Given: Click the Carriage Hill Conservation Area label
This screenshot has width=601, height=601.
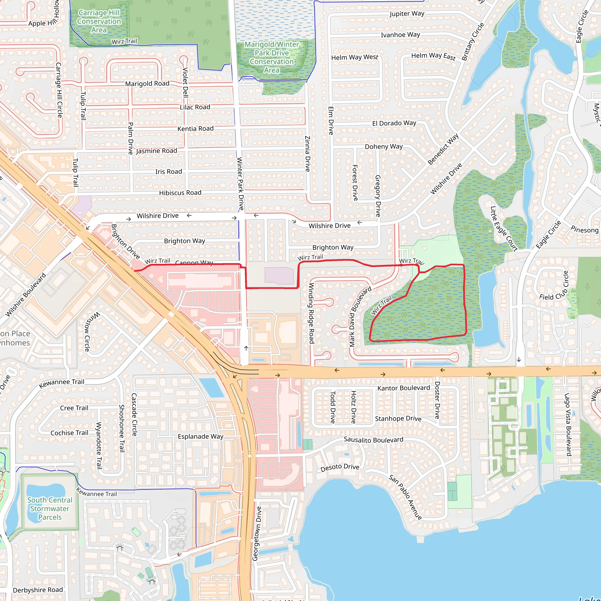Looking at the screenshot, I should tap(99, 21).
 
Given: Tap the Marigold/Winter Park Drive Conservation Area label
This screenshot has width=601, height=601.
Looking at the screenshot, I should tap(271, 57).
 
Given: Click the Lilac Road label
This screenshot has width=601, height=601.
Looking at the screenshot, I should tap(195, 107).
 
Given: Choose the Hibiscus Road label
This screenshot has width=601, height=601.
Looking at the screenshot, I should tap(180, 193).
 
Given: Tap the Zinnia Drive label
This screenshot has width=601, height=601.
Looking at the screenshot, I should tap(307, 154).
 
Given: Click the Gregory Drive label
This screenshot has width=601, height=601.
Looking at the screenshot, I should tap(378, 196).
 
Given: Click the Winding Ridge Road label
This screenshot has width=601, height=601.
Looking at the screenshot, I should tap(311, 313).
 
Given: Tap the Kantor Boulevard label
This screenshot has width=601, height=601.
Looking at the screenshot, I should tap(404, 388).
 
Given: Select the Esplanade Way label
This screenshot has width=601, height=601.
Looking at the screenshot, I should tap(200, 436).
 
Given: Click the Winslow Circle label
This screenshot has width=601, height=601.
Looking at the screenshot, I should tap(90, 332).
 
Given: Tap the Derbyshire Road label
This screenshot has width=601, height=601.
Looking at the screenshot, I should tap(38, 590).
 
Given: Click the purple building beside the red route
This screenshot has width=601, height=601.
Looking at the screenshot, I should tap(279, 276).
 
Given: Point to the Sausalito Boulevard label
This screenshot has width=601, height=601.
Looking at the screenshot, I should tap(373, 440).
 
